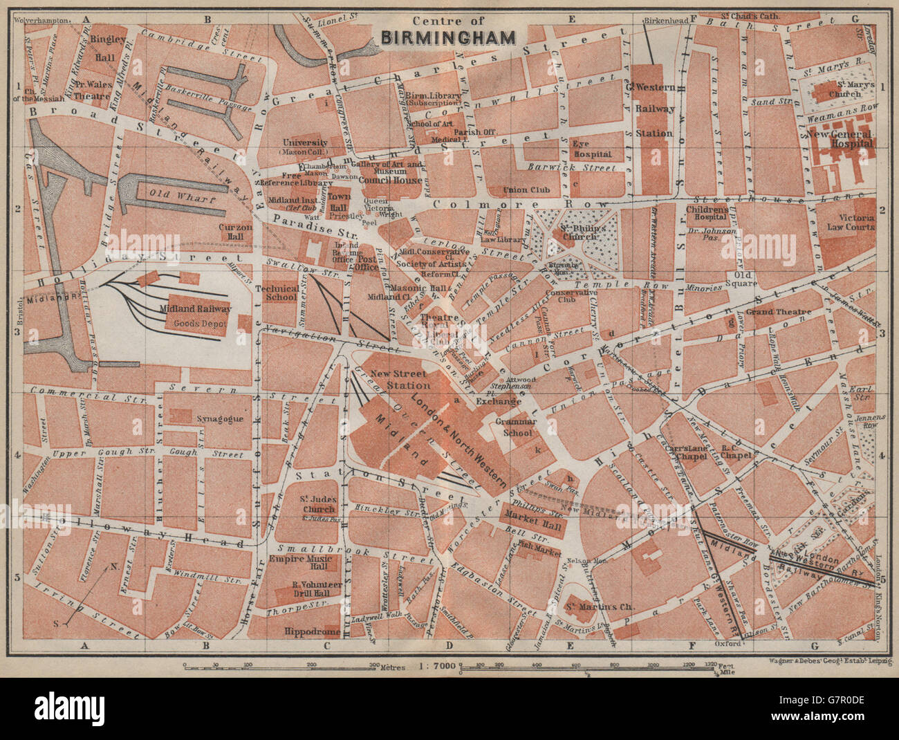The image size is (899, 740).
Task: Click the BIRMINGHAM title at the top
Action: (449, 37)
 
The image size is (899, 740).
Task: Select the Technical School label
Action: (277, 293)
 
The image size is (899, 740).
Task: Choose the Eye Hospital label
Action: (591, 149)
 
